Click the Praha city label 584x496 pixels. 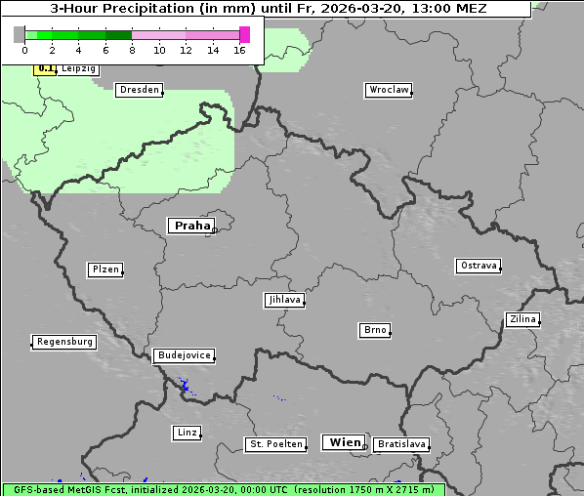click(x=191, y=226)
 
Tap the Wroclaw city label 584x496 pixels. click(x=388, y=90)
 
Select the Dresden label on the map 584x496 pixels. click(x=139, y=90)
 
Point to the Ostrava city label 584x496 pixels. click(x=479, y=266)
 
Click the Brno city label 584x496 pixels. click(x=375, y=330)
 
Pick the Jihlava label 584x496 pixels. click(x=283, y=300)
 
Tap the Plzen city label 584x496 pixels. click(x=104, y=269)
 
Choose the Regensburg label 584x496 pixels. click(x=64, y=342)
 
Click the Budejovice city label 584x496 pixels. click(x=184, y=355)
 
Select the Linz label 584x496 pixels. click(x=187, y=432)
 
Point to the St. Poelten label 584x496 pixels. click(x=276, y=444)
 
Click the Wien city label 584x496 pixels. click(x=345, y=442)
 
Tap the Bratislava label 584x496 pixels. click(x=401, y=444)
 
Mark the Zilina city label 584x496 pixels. click(x=522, y=319)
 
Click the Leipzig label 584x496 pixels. click(x=77, y=69)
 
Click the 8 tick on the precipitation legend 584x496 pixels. click(x=131, y=50)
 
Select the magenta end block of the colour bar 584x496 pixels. click(x=244, y=34)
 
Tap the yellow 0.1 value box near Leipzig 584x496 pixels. click(x=45, y=69)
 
